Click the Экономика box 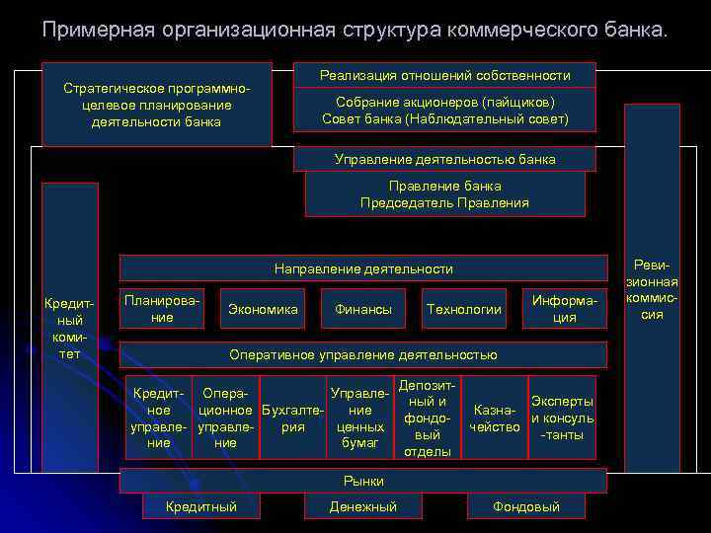point(263,310)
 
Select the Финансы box point(363,310)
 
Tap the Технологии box point(463,310)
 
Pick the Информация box point(564,310)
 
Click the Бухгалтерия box point(292,419)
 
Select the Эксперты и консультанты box point(562,417)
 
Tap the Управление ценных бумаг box point(359,419)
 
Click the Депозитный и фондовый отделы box point(428,419)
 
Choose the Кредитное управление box point(159,419)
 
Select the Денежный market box point(363,506)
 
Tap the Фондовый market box point(526,506)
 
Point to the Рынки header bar point(363,481)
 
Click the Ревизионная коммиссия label point(652,291)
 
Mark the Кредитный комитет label point(69,326)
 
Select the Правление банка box point(444,193)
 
